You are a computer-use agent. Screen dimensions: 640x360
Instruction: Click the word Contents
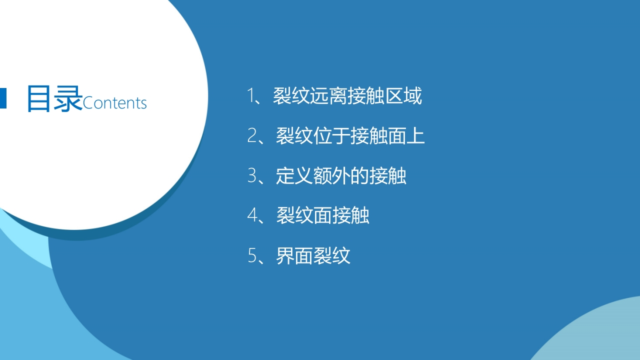[115, 103]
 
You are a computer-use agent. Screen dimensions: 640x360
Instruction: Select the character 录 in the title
[68, 98]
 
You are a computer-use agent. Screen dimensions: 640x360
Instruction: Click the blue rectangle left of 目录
[3, 98]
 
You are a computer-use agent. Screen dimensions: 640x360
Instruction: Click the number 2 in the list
[251, 135]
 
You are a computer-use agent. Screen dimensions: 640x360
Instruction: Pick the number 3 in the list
[251, 175]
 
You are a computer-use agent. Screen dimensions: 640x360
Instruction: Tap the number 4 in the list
[252, 215]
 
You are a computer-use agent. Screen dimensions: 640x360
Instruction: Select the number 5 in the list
[252, 255]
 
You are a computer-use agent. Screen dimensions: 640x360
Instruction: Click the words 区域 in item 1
[403, 95]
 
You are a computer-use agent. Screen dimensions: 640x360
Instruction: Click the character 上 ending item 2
[415, 135]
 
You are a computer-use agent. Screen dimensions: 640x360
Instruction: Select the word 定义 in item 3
[294, 175]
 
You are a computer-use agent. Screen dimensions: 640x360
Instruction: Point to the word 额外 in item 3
[331, 175]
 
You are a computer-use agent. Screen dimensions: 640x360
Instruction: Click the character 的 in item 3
[359, 175]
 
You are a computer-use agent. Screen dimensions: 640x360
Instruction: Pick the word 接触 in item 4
[351, 215]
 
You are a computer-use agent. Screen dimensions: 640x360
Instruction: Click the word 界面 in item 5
[294, 255]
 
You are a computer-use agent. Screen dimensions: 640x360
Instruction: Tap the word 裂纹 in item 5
[331, 255]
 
